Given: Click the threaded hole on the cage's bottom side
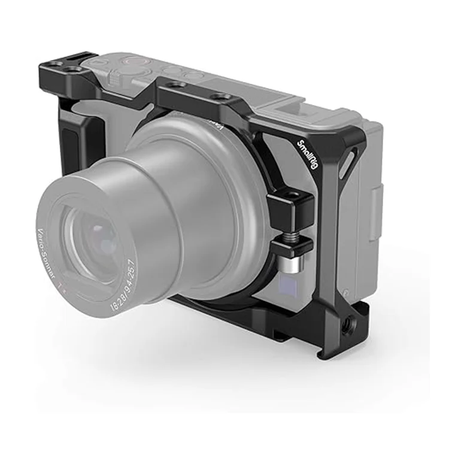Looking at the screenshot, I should click(345, 329).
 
